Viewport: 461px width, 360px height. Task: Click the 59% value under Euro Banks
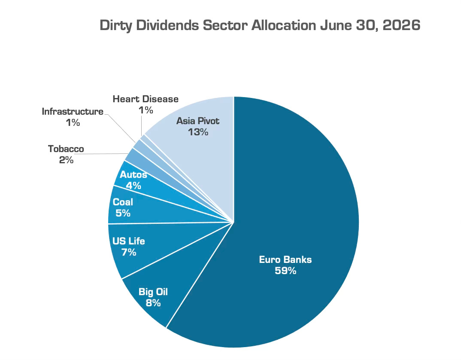[x=285, y=271]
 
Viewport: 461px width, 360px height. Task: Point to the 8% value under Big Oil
[x=153, y=302]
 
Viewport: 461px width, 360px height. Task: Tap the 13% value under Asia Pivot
[x=198, y=132]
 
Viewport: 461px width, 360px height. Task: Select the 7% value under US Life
[x=129, y=252]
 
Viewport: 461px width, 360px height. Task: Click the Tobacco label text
[x=66, y=149]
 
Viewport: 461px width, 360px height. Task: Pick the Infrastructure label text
[x=73, y=111]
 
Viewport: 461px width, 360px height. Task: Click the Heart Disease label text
[x=146, y=99]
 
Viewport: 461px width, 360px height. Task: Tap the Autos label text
[x=133, y=174]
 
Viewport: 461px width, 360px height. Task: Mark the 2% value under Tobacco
[x=66, y=160]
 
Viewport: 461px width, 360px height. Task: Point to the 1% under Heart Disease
[x=146, y=110]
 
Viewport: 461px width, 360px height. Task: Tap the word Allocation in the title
[x=284, y=25]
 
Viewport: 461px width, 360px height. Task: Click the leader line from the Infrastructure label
[x=120, y=128]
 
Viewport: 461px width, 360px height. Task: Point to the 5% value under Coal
[x=123, y=213]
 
